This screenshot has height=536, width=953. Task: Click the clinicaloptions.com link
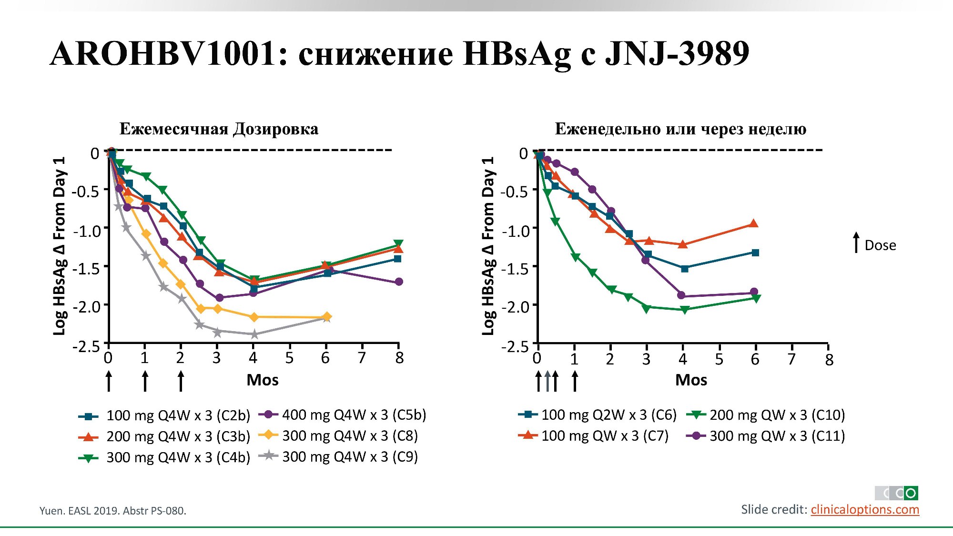tap(865, 510)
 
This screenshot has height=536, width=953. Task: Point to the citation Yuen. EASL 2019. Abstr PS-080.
tap(113, 511)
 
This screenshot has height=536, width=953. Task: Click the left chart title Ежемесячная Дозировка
tap(219, 129)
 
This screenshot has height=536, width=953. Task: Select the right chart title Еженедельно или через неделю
tap(680, 129)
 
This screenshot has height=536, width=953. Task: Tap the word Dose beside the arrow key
tap(880, 245)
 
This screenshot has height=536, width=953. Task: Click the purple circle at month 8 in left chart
tap(399, 282)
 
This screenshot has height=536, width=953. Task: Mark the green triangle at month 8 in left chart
tap(398, 244)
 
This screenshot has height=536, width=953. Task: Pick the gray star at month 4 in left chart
tap(254, 334)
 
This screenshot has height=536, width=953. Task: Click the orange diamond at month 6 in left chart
tap(327, 316)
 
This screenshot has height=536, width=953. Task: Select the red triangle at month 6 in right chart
tap(753, 223)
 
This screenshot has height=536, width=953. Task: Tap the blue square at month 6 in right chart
tap(755, 253)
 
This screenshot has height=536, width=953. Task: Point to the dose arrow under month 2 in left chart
tap(181, 381)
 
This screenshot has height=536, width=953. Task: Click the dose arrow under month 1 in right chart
tap(575, 381)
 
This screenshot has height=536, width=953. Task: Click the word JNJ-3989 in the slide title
tap(677, 53)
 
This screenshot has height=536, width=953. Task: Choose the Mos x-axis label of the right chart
tap(691, 380)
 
